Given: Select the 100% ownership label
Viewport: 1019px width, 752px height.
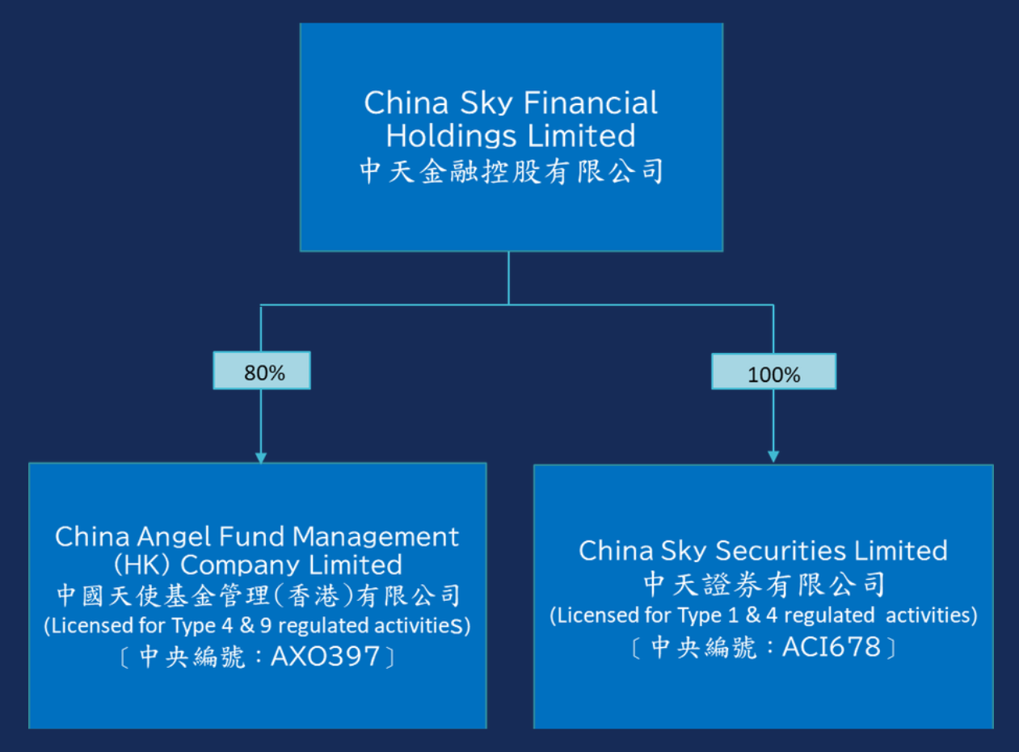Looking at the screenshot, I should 773,372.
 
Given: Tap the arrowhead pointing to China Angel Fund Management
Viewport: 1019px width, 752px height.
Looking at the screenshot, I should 260,456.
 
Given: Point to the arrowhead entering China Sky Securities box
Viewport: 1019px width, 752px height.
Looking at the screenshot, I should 773,457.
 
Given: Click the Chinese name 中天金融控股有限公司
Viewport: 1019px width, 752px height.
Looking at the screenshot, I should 511,171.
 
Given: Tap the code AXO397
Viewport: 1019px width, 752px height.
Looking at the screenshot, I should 325,657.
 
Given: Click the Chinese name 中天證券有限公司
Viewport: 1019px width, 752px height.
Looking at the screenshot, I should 764,583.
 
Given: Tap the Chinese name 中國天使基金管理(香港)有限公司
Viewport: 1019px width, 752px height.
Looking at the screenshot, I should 259,596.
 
